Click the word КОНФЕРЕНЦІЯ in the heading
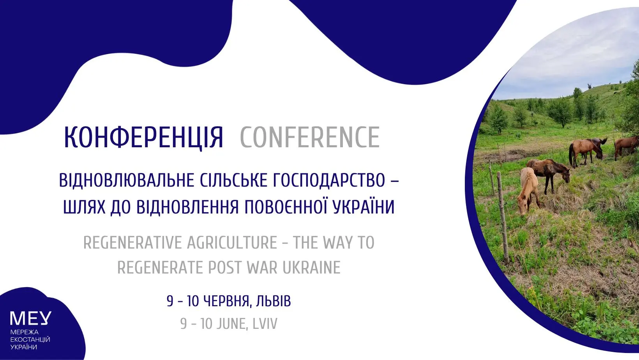[x=143, y=138]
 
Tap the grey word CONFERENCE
[x=310, y=138]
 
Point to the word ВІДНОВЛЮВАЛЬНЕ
[x=126, y=180]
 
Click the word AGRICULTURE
[x=232, y=243]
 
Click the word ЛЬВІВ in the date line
[x=273, y=301]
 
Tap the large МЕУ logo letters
[x=31, y=318]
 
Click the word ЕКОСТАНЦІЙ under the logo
[x=30, y=340]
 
